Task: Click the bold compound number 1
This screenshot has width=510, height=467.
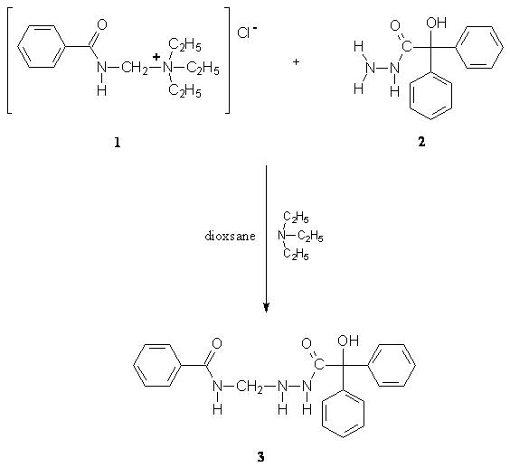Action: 118,142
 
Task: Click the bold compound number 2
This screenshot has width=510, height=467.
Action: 421,142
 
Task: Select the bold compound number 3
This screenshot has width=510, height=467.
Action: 260,457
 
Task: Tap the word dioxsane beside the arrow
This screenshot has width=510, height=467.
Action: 230,236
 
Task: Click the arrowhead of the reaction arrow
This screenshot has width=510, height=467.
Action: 267,307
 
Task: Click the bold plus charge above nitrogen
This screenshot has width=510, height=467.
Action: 156,57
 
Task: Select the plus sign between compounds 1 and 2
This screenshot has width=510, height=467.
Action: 296,61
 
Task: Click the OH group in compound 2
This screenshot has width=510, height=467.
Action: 437,23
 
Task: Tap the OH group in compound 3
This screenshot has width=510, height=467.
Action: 348,341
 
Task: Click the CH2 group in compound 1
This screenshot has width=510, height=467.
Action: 135,69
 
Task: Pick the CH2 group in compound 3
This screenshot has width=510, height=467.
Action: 250,387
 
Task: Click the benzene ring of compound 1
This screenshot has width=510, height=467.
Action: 41,47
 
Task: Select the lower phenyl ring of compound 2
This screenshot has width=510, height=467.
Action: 430,95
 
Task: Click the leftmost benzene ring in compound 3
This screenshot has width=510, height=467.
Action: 156,365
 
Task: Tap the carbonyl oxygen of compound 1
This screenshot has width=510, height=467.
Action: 102,24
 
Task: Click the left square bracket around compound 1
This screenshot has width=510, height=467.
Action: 10,61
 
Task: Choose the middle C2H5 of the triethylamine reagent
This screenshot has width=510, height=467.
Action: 310,236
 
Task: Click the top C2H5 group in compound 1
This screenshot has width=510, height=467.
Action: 184,45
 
